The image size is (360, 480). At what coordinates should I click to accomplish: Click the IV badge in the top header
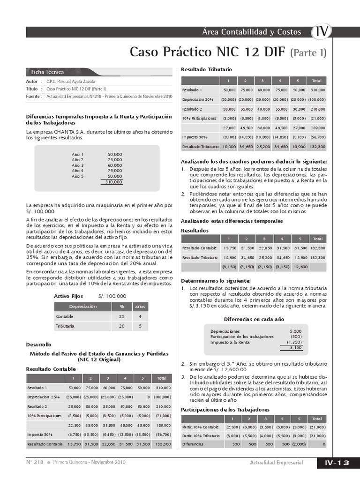point(322,32)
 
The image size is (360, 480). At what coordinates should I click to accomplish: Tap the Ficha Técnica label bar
point(47,72)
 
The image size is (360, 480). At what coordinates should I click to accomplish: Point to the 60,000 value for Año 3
point(115,165)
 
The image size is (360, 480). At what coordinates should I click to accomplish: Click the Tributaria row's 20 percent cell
point(122,326)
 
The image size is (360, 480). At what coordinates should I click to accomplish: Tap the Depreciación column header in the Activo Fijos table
point(83,307)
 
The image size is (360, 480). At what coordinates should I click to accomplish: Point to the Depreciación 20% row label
point(198,100)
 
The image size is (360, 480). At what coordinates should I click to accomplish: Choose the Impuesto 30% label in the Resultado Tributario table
point(195,137)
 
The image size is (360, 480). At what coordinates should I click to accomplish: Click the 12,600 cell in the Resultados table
point(300,267)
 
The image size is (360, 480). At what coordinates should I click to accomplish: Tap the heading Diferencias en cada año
point(254,319)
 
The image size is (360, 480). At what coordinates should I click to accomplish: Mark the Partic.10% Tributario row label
point(201,435)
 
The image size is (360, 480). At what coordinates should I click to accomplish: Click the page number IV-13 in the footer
point(337,463)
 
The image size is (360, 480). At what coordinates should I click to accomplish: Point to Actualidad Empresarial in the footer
point(277,463)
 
